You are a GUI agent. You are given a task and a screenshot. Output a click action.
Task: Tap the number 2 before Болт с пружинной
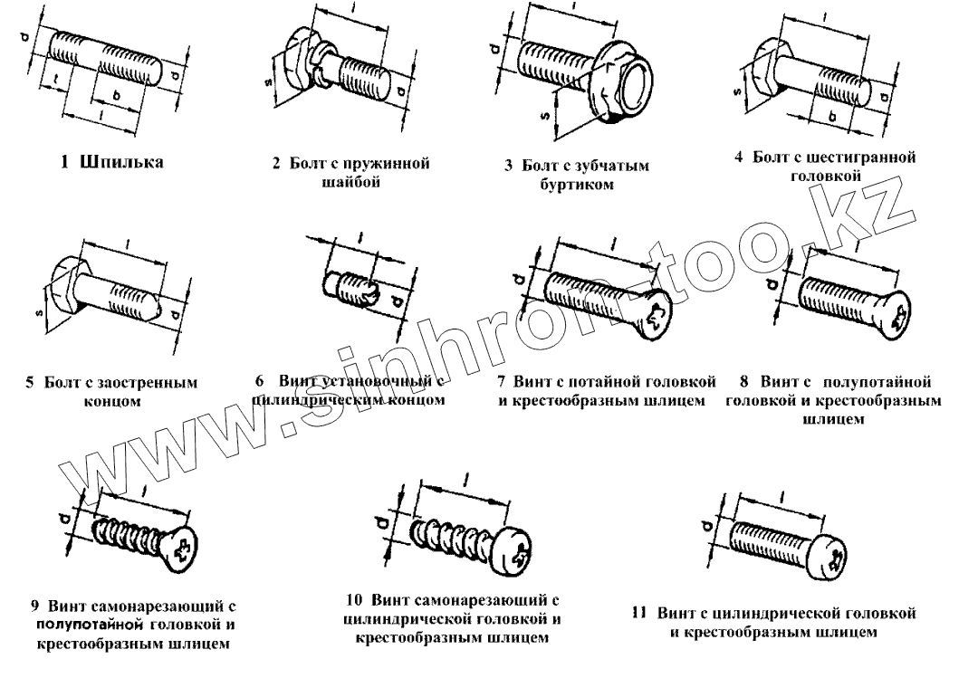point(276,164)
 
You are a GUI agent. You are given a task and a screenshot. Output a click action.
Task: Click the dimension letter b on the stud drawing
point(114,94)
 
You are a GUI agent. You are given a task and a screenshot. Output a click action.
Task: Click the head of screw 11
point(828,554)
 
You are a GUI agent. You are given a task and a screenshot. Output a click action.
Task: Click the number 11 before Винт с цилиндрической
point(638,613)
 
